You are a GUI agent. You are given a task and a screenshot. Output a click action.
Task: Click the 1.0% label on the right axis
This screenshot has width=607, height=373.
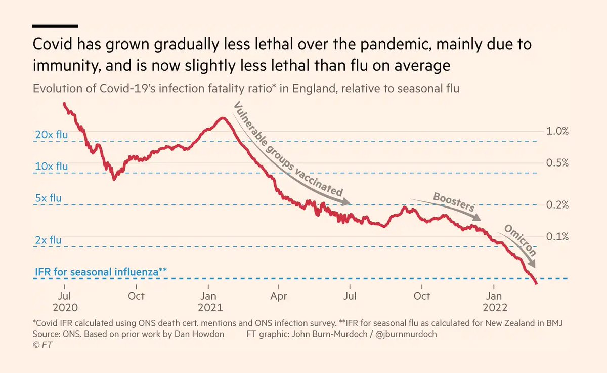[x=557, y=131]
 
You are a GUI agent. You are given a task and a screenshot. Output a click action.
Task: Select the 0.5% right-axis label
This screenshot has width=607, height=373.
[x=557, y=163]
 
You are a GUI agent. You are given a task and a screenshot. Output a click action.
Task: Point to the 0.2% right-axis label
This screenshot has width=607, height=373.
[x=557, y=205]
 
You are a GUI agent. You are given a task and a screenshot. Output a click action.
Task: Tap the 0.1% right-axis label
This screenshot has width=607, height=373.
[x=557, y=237]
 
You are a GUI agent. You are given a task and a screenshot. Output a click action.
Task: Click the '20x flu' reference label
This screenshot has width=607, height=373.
[x=52, y=135]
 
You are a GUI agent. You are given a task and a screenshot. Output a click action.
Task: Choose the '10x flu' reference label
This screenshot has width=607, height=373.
[x=52, y=166]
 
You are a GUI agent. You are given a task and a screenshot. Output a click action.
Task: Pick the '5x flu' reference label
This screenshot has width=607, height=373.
[x=48, y=198]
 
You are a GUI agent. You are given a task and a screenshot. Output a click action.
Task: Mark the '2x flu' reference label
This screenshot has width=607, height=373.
[x=48, y=240]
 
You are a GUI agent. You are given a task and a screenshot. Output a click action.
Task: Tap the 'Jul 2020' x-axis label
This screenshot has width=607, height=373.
[x=65, y=302]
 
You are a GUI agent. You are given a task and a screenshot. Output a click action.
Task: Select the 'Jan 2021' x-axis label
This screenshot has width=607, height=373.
[x=210, y=302]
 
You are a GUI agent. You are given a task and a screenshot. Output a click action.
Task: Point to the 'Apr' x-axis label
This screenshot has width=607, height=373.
[x=279, y=296]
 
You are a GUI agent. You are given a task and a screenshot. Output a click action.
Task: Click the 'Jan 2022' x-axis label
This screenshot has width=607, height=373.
[x=495, y=302]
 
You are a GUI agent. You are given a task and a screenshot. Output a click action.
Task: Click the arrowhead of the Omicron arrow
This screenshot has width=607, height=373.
[x=532, y=264]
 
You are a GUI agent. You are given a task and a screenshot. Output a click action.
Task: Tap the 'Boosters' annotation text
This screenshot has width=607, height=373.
[x=454, y=202]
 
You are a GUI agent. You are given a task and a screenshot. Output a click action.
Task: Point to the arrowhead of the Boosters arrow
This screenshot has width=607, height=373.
[x=476, y=218]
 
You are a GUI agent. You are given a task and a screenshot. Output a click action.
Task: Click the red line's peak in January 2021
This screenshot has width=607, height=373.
[x=223, y=118]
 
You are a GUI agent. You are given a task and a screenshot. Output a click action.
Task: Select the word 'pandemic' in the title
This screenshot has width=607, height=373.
[x=396, y=44]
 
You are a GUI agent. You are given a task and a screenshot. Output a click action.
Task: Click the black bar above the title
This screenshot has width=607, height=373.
[x=55, y=26]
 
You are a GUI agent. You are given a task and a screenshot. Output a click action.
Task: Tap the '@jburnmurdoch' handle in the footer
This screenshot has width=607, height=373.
[x=406, y=334]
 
